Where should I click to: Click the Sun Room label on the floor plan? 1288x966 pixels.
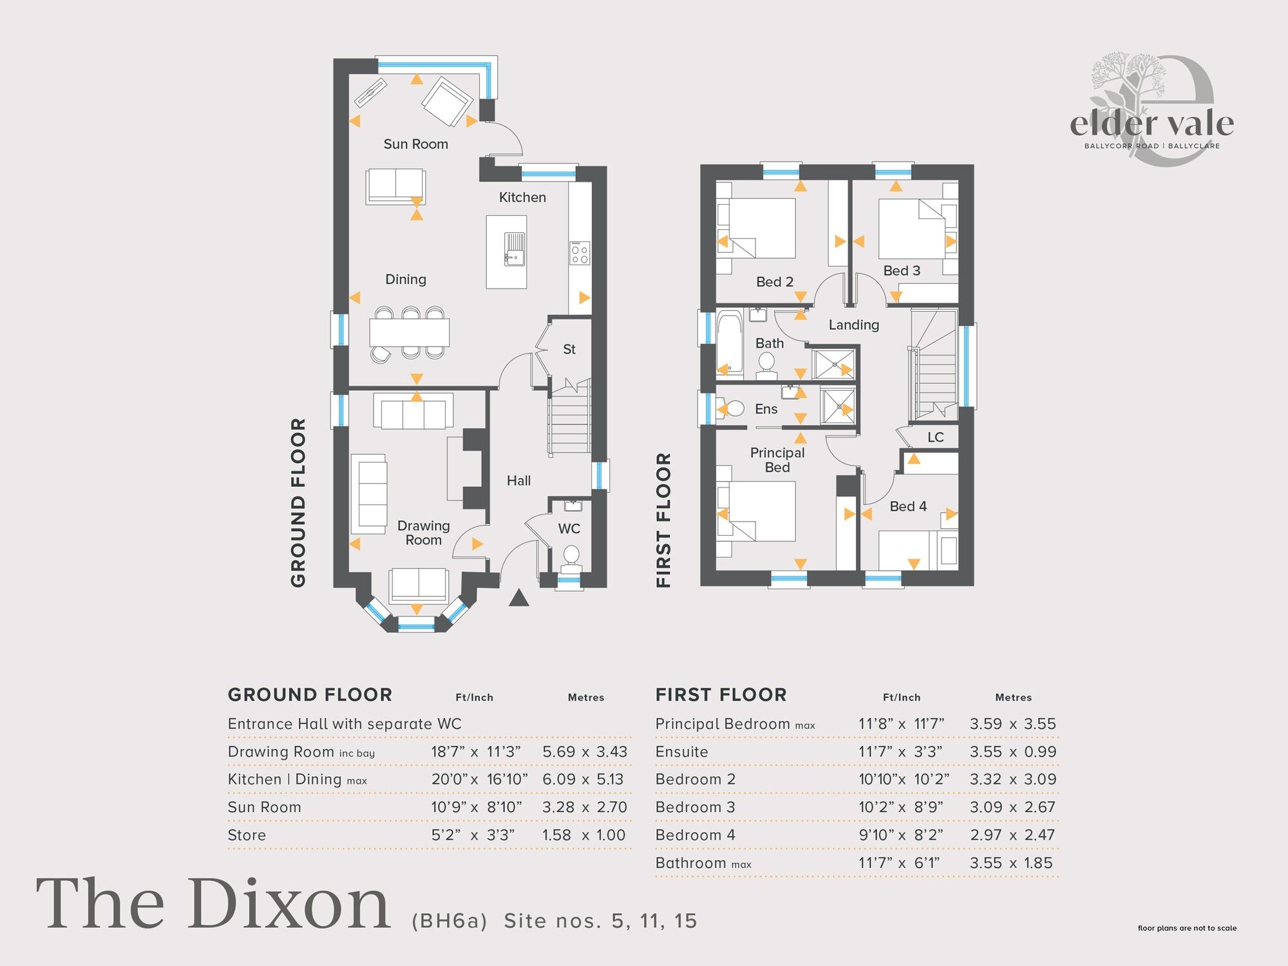click(415, 144)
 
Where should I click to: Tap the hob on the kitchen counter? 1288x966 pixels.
click(579, 252)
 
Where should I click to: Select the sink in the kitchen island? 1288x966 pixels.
click(514, 249)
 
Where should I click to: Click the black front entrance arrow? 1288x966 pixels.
click(518, 598)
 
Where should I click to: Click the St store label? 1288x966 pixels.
click(569, 350)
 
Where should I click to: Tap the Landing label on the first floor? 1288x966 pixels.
click(853, 325)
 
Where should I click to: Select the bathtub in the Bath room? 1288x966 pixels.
click(730, 343)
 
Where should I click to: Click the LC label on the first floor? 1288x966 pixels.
click(935, 438)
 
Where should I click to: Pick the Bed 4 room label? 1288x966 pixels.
click(907, 507)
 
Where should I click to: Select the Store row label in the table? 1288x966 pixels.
click(247, 835)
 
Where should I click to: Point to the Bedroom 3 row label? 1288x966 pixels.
click(695, 808)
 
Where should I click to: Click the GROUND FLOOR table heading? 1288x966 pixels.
click(310, 695)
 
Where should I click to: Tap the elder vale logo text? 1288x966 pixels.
click(1151, 124)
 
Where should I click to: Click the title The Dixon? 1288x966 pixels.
click(213, 905)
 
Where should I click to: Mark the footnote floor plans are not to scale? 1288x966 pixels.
click(1187, 928)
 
